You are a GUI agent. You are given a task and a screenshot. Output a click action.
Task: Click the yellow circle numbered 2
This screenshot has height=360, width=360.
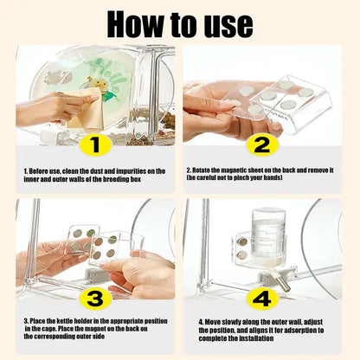[x=261, y=144]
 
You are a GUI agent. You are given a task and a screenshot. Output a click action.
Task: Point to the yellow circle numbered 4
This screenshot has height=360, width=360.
[x=261, y=299]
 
